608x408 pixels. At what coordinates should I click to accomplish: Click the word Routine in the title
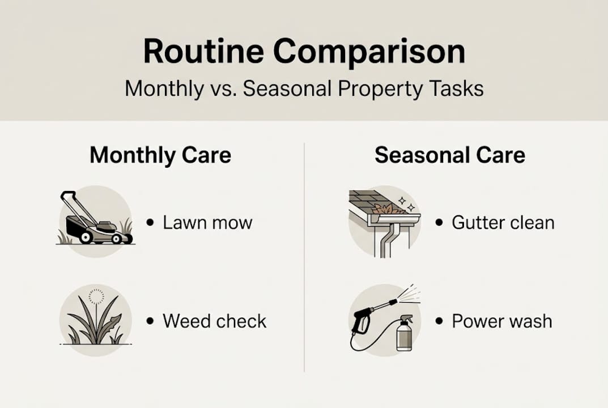pyautogui.click(x=203, y=52)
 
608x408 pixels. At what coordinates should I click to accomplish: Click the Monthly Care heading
pyautogui.click(x=160, y=155)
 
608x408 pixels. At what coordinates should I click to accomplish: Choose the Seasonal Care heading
pyautogui.click(x=450, y=155)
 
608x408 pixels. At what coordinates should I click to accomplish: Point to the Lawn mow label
pyautogui.click(x=207, y=223)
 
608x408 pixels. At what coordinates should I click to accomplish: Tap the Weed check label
pyautogui.click(x=214, y=321)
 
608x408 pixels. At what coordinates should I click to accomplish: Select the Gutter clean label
pyautogui.click(x=503, y=223)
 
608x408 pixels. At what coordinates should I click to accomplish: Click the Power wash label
pyautogui.click(x=501, y=321)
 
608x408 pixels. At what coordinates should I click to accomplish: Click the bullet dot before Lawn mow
pyautogui.click(x=150, y=223)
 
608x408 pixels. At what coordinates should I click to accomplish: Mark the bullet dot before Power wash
pyautogui.click(x=439, y=321)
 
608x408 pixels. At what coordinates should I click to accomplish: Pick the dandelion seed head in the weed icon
pyautogui.click(x=96, y=297)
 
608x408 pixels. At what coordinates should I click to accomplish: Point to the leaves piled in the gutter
pyautogui.click(x=389, y=209)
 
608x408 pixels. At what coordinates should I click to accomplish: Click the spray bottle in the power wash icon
pyautogui.click(x=404, y=333)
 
